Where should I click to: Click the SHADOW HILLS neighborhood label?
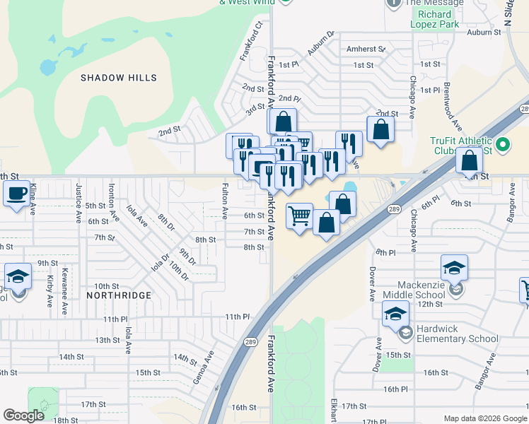coord(118,77)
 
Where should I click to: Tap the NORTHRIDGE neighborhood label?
coord(118,295)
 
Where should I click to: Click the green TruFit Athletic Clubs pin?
coord(503,146)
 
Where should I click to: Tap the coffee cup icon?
coord(16,193)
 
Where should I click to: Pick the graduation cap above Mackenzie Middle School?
coord(453,268)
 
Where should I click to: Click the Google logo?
coord(23,416)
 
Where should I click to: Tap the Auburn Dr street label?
coord(320,43)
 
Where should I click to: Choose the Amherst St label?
coord(366,49)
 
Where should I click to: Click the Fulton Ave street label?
coord(225,201)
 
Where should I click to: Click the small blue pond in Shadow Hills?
coord(48,68)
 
